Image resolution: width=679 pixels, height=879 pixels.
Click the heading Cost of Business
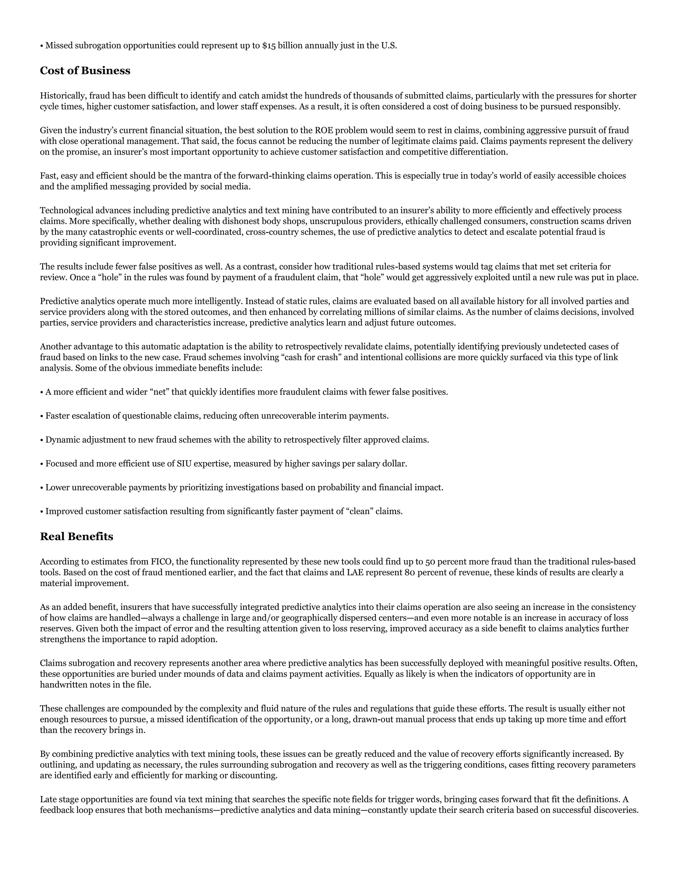pyautogui.click(x=85, y=71)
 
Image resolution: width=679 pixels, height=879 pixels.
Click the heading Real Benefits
pyautogui.click(x=77, y=536)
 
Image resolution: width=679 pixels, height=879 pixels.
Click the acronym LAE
pyautogui.click(x=354, y=572)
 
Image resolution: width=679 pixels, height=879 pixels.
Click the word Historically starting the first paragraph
pyautogui.click(x=63, y=96)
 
